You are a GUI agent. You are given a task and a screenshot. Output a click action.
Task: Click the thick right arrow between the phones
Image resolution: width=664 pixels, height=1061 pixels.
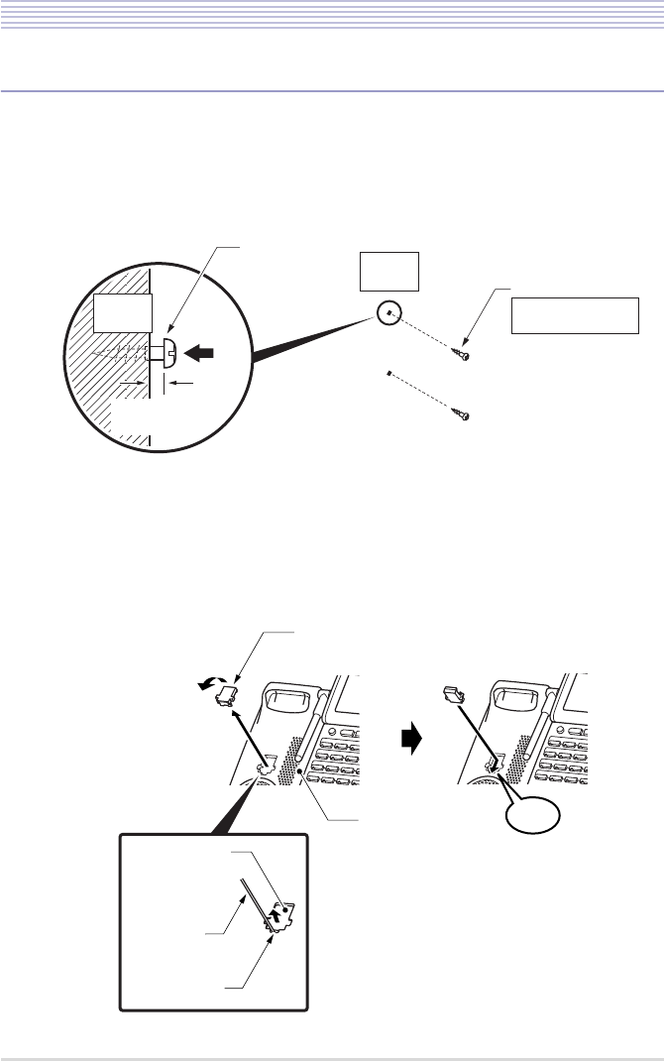click(413, 739)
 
